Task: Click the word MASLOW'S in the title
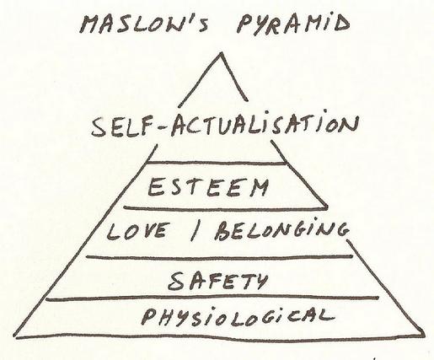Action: (x=144, y=24)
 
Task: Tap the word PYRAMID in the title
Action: (x=293, y=24)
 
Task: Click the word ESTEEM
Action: (x=208, y=187)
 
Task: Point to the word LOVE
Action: (x=138, y=230)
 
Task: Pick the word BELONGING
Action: (x=281, y=230)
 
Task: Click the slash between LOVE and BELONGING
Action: (x=195, y=231)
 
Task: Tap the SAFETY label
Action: (x=218, y=281)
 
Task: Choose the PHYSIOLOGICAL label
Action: (x=238, y=316)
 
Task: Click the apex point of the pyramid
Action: (x=222, y=52)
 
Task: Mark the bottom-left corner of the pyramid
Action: (x=15, y=336)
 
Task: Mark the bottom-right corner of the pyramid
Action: (x=423, y=335)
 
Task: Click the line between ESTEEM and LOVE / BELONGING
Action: (x=226, y=208)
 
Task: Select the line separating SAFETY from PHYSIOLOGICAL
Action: (x=212, y=298)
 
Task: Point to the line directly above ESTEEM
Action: (x=217, y=163)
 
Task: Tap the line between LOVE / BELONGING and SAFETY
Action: (x=219, y=257)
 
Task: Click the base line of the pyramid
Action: (x=219, y=336)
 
